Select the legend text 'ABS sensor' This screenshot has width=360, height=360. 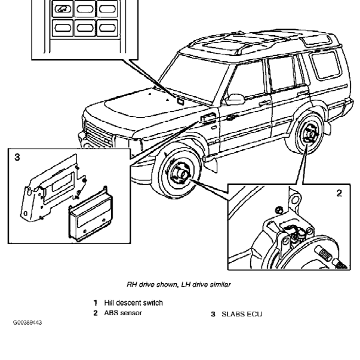tap(122, 313)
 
